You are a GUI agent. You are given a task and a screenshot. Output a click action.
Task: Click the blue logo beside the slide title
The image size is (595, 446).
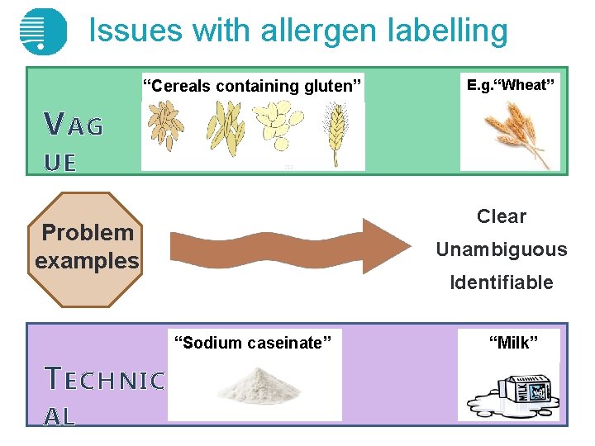pyautogui.click(x=42, y=31)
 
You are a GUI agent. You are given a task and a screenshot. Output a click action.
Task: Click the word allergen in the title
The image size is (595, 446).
pyautogui.click(x=323, y=31)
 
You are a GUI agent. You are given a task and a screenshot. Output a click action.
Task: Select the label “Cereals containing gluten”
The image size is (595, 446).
pyautogui.click(x=252, y=86)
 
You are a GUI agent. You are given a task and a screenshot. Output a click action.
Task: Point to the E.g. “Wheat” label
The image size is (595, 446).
pyautogui.click(x=510, y=84)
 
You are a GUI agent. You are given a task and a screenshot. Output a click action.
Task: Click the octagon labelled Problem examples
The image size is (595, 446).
pyautogui.click(x=87, y=248)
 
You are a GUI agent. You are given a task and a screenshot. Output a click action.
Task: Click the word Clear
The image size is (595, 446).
pyautogui.click(x=501, y=216)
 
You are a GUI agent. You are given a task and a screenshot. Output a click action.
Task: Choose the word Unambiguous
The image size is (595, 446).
pyautogui.click(x=501, y=249)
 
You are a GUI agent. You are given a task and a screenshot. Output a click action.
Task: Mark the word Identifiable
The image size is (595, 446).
pyautogui.click(x=501, y=282)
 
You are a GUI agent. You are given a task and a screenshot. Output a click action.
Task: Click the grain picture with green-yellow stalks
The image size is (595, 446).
pyautogui.click(x=225, y=128)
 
